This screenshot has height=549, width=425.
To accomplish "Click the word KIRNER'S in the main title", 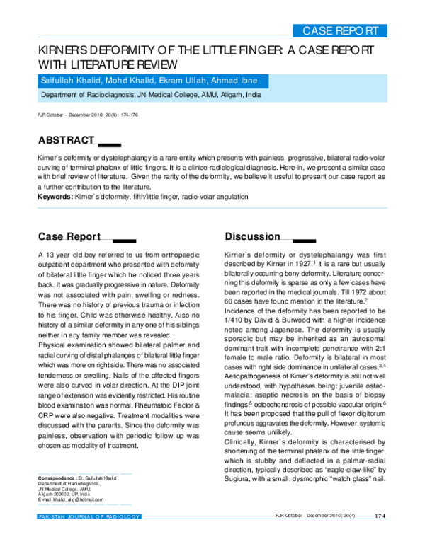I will [65, 52].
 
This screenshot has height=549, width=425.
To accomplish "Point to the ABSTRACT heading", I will [66, 139].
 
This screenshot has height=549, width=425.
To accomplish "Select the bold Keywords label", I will [55, 196].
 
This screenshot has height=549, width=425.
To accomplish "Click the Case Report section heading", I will [69, 236].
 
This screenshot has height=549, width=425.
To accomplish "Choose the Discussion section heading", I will [252, 236].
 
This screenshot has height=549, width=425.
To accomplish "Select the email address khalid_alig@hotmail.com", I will [78, 499].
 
